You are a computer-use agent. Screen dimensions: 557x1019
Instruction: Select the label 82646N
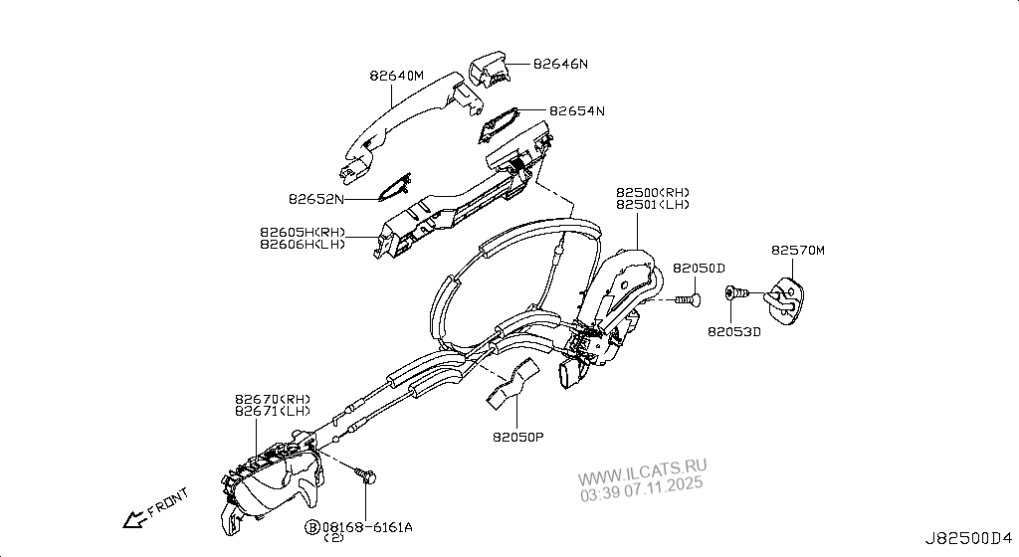[560, 64]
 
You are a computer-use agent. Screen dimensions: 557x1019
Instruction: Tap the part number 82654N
[577, 110]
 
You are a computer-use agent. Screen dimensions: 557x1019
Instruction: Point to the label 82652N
[316, 199]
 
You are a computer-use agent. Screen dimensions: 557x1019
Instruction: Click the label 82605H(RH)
[303, 232]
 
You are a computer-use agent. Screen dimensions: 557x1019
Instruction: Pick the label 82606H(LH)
[303, 244]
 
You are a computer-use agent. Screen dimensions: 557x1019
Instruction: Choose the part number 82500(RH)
[652, 192]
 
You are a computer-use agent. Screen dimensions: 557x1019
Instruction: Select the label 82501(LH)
[652, 204]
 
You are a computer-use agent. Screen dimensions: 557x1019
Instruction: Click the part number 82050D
[699, 269]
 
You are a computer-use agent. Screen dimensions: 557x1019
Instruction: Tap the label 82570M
[798, 251]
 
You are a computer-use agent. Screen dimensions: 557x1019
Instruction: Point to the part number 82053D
[734, 331]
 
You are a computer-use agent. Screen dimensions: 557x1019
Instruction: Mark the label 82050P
[517, 436]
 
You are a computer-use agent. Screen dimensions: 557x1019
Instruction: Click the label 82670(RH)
[273, 398]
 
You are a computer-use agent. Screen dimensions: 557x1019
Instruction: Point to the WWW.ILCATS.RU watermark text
[642, 467]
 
